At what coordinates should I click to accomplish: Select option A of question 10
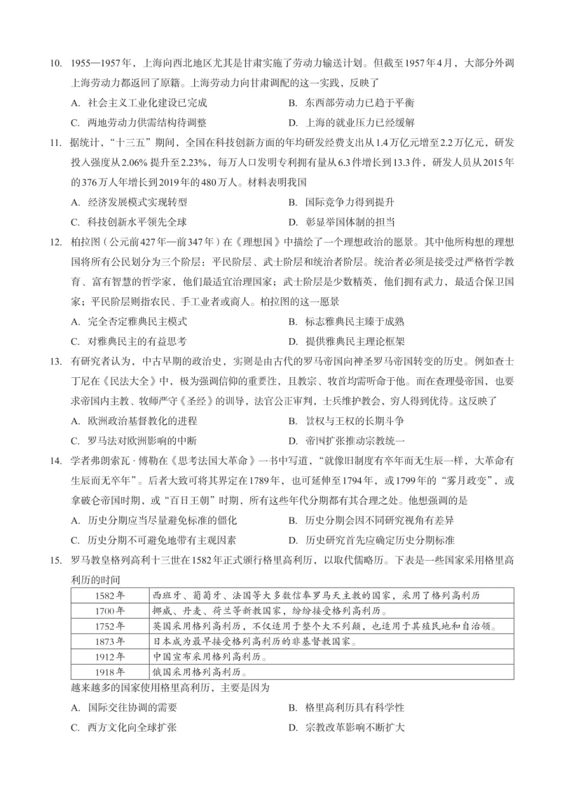(139, 103)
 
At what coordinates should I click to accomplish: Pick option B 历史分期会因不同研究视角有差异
(371, 520)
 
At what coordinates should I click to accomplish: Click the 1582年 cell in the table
(110, 595)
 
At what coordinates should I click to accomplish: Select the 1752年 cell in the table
(110, 626)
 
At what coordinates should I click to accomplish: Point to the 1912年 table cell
(110, 657)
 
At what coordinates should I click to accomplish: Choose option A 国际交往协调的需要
(124, 708)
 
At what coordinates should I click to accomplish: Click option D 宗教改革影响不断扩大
(347, 727)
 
